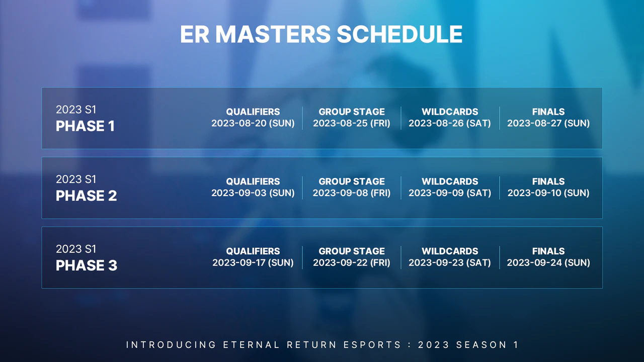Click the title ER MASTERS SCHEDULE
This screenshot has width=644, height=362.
(x=321, y=35)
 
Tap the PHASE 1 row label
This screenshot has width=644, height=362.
(x=85, y=126)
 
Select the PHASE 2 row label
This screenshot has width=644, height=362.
(x=86, y=196)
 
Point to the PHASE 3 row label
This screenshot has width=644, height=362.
(x=86, y=265)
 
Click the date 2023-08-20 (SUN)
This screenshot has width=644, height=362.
(x=253, y=123)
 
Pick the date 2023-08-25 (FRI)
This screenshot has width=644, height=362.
(x=351, y=123)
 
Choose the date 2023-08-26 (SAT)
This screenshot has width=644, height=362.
(x=449, y=123)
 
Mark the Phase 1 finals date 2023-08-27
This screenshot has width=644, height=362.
(x=548, y=123)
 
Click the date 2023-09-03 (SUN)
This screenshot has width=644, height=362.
(x=253, y=193)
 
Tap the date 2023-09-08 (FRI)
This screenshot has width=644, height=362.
(x=351, y=193)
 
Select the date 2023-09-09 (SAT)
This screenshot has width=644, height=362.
(x=449, y=193)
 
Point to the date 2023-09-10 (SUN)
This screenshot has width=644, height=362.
(x=548, y=193)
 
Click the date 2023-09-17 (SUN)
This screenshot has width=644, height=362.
(x=253, y=262)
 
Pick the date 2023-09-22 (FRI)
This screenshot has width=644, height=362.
(x=351, y=262)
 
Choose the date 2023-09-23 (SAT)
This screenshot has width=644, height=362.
(x=449, y=262)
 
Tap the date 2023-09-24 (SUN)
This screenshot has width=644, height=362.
(x=548, y=262)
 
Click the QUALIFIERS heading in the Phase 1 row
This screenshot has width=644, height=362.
(x=253, y=112)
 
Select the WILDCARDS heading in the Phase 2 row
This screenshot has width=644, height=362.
(x=449, y=182)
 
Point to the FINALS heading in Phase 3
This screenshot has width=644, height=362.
(x=548, y=251)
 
